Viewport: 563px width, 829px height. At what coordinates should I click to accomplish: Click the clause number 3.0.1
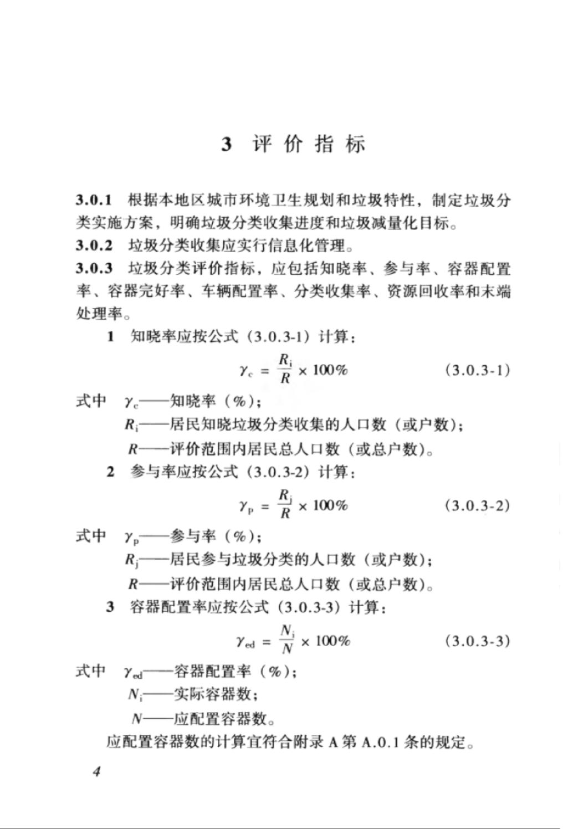tap(94, 200)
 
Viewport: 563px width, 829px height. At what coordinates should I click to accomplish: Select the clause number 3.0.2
tap(94, 245)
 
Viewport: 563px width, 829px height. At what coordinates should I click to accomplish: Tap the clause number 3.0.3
tap(94, 269)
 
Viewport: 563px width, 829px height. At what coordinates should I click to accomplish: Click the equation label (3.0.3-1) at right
tap(477, 370)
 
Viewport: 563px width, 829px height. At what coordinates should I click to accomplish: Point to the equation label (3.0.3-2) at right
tap(477, 505)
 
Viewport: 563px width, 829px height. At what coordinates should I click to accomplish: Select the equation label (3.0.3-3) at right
tap(477, 641)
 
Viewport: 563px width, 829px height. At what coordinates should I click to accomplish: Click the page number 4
tap(97, 771)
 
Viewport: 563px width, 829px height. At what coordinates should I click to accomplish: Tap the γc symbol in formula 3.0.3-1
tap(246, 371)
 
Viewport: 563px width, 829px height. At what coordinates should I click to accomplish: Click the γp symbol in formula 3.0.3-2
tap(246, 506)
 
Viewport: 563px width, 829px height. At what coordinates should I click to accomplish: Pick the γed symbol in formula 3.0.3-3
tap(245, 642)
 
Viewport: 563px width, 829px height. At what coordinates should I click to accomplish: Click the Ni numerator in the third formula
tap(287, 631)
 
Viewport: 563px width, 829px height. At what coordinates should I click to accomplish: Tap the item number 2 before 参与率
tap(111, 472)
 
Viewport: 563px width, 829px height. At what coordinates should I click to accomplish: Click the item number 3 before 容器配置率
tap(111, 607)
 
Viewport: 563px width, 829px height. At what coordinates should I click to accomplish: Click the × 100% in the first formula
tap(323, 370)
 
